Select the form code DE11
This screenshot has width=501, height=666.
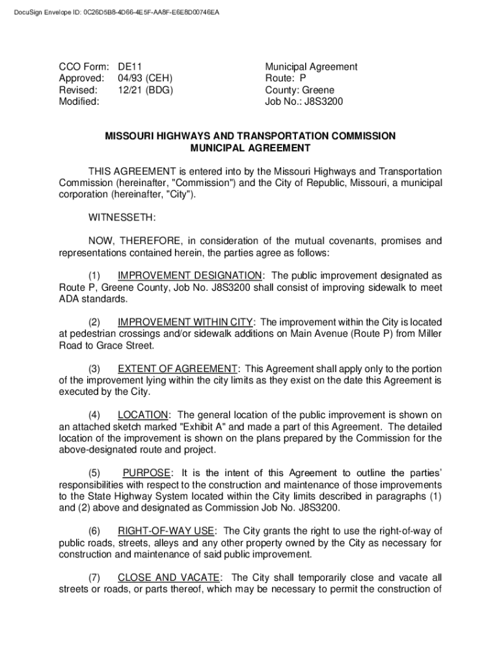[130, 67]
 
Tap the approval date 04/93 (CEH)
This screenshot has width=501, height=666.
[145, 79]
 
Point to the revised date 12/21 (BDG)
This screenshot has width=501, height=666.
[145, 90]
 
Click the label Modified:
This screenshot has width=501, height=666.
[79, 102]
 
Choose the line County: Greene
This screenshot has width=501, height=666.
[299, 90]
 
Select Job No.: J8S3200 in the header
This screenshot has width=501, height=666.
[304, 102]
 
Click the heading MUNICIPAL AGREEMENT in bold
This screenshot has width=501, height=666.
[251, 148]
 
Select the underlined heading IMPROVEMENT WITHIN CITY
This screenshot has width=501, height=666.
[186, 322]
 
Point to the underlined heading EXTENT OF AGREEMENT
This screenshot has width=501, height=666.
[178, 369]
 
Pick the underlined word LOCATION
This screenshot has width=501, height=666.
[143, 415]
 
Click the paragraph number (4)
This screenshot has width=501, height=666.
[95, 415]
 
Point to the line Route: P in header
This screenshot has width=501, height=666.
[286, 79]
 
